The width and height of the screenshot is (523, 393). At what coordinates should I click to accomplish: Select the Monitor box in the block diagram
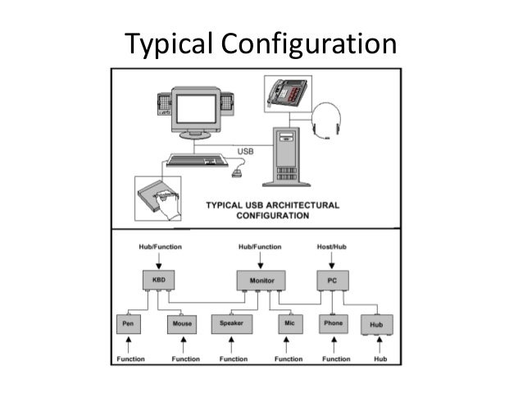pos(260,281)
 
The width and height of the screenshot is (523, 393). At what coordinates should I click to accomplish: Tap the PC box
pos(331,281)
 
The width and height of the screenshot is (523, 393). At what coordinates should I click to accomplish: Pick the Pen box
pos(127,323)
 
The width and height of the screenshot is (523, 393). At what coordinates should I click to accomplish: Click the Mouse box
pos(182,323)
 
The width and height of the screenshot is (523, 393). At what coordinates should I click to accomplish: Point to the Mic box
pos(289,323)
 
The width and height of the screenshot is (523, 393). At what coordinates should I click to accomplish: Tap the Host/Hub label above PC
pos(332,245)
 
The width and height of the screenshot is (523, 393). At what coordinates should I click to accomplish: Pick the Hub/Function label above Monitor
pos(261,245)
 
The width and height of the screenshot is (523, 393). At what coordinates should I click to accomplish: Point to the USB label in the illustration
pos(245,152)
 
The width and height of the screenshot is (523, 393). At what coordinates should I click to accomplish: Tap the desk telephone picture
pos(286,91)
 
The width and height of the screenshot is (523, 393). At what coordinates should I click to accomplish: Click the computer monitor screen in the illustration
pos(195,107)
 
